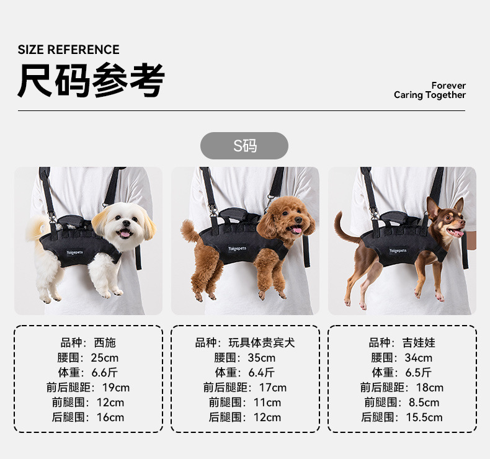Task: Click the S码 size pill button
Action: click(244, 146)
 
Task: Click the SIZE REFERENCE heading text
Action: click(68, 50)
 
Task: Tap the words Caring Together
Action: click(430, 95)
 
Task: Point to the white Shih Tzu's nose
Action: click(127, 223)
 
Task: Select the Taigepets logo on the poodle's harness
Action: click(237, 249)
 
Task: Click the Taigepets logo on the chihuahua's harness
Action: click(398, 251)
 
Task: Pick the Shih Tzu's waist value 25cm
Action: click(105, 358)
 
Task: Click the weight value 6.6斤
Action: click(105, 372)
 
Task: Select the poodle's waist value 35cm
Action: click(262, 358)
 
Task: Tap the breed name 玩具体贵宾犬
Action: click(262, 343)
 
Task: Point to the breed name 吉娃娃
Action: click(419, 343)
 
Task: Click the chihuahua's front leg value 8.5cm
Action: click(424, 403)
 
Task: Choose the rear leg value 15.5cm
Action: click(424, 417)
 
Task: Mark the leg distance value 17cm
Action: click(273, 388)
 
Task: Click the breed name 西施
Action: click(105, 343)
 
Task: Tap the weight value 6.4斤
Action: click(262, 372)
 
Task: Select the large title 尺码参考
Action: click(91, 80)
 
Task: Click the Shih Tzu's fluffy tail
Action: click(37, 228)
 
